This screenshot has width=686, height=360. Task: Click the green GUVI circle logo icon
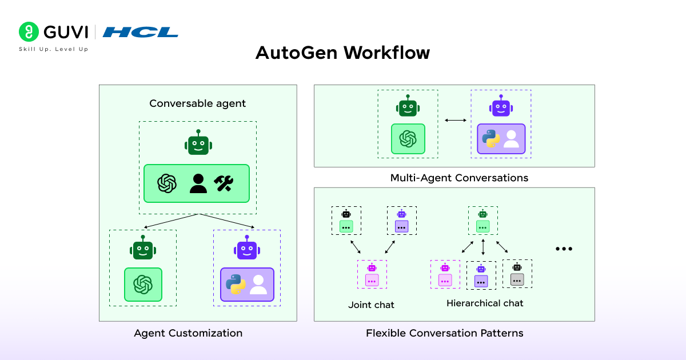coord(29,32)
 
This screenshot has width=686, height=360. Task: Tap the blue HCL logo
coord(140,32)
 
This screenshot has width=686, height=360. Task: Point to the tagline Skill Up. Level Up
coord(54,49)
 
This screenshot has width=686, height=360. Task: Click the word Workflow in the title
coord(386,53)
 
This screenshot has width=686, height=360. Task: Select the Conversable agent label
coord(197,103)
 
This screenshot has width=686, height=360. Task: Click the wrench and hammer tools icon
coord(224,183)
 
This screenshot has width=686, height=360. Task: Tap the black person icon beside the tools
coord(198,183)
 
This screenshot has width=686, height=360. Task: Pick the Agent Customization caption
coord(188,333)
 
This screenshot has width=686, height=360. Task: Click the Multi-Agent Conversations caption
coord(459,178)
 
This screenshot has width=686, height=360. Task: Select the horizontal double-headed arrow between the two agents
coord(455,120)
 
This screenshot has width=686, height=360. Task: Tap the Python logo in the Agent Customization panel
coord(235,284)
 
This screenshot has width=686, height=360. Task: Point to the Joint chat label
coord(371,305)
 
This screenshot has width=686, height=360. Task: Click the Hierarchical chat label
coord(485,303)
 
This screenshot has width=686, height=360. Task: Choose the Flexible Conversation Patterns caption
coord(444,333)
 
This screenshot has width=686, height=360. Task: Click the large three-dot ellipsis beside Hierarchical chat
coord(564,249)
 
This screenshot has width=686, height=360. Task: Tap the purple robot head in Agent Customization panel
coord(247,249)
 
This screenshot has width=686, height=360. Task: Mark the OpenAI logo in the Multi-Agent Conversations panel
coord(408,139)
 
